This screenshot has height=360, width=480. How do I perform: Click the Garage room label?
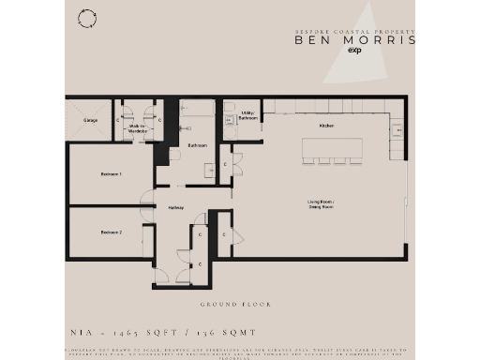tap(91, 121)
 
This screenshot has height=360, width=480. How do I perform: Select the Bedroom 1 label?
tap(112, 174)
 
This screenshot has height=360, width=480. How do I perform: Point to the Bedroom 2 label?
tap(112, 232)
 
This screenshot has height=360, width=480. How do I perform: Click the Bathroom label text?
tap(197, 145)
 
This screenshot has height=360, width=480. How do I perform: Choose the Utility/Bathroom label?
tap(248, 117)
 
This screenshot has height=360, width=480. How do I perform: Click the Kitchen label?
tap(326, 125)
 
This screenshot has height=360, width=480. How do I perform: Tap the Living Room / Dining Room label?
tap(322, 205)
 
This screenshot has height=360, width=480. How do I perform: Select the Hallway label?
tap(175, 207)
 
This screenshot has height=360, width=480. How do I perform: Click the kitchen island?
tap(332, 147)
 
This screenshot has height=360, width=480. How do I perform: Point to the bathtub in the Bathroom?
tap(196, 111)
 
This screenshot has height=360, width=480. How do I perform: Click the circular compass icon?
tap(87, 18)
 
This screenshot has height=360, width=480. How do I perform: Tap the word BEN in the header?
tap(311, 40)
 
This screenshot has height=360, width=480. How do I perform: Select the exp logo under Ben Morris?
tap(354, 52)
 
